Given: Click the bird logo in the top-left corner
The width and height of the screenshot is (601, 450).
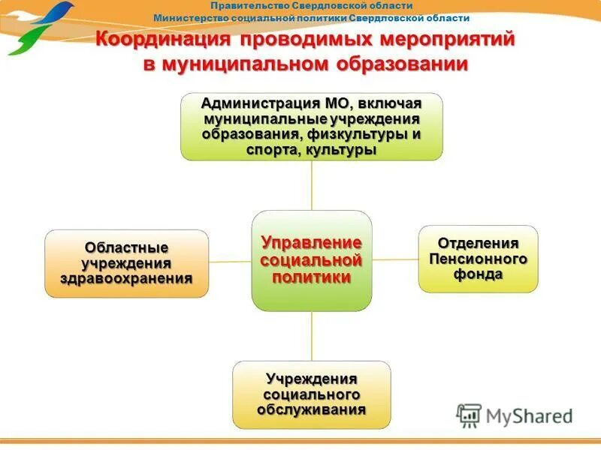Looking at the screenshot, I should click(41, 26).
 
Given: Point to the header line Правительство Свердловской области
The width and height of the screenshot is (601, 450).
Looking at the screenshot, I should click(312, 6).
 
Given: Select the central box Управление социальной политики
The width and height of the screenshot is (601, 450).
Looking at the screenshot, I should click(311, 260).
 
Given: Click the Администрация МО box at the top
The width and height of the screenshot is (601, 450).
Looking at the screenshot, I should click(311, 126).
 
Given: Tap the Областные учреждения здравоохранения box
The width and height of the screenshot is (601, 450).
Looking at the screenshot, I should click(126, 263).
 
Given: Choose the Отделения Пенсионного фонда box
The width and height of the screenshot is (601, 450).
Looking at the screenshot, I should click(478, 259).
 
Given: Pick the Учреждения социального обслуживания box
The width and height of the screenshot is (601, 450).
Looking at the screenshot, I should click(311, 394).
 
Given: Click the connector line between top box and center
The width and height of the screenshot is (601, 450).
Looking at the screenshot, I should click(312, 185).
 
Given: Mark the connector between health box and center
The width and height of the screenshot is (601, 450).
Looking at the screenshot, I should click(230, 262).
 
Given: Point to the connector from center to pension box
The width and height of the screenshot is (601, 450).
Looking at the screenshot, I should click(395, 259).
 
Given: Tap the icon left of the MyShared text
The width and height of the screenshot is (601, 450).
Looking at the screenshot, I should click(470, 415).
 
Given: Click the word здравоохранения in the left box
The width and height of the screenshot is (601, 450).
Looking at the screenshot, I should click(126, 278).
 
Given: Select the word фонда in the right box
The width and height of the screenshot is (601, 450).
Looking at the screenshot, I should click(478, 274).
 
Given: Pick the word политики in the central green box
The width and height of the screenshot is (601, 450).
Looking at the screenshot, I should click(311, 277).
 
